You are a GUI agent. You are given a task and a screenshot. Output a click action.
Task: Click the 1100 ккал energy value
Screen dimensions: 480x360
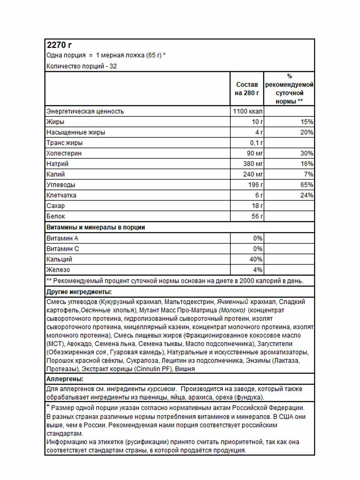tap(248, 111)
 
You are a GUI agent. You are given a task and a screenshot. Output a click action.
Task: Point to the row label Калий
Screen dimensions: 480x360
tap(56, 174)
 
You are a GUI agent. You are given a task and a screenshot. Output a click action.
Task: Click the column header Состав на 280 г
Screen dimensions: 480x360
tap(247, 89)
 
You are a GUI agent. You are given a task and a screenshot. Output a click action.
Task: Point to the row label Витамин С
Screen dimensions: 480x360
tap(63, 249)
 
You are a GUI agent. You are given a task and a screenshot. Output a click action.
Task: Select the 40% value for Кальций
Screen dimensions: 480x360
tap(256, 259)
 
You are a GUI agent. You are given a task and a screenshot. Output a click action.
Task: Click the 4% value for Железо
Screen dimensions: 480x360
tap(258, 270)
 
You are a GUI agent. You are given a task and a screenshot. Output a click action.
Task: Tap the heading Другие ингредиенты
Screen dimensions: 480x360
tap(79, 292)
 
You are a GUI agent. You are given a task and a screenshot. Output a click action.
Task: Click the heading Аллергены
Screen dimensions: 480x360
tap(65, 379)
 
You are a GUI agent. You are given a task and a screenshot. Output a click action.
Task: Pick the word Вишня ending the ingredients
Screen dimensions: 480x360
tap(185, 369)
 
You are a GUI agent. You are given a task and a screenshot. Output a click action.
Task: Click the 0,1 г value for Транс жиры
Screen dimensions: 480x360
tap(255, 143)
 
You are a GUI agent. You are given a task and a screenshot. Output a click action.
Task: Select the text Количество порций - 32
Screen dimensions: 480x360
tap(82, 66)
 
